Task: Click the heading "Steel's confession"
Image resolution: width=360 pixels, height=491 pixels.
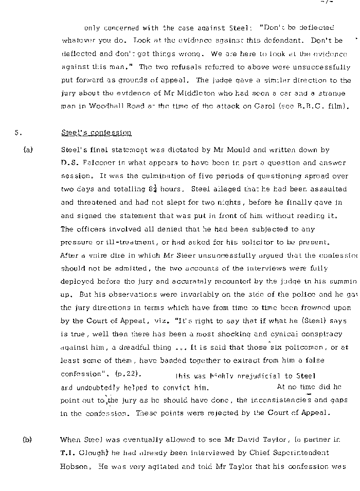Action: click(96, 133)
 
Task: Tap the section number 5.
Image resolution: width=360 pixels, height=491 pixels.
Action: click(17, 133)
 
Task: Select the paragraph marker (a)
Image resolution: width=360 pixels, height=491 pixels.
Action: click(28, 150)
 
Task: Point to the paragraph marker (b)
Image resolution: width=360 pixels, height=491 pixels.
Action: click(28, 440)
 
